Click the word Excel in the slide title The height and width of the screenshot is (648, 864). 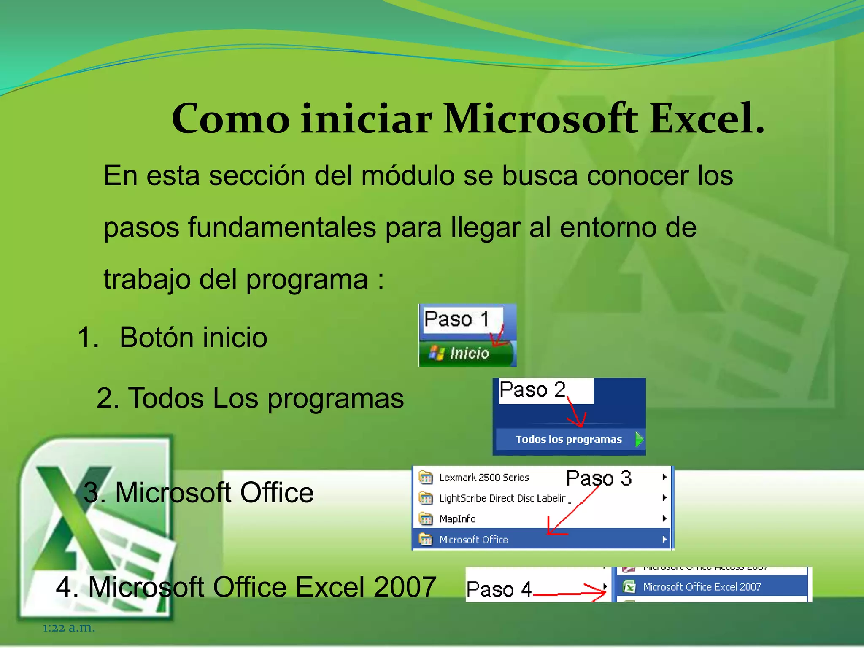point(707,119)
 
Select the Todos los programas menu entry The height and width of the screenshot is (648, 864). point(568,440)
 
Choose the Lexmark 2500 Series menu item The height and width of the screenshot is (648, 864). point(484,478)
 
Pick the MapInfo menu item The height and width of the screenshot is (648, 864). point(457,519)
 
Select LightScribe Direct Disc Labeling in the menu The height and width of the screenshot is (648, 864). point(502,498)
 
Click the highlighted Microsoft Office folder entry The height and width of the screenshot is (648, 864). point(473,540)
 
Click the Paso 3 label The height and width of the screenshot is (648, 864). point(599,478)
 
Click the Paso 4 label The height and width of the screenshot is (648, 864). point(499,589)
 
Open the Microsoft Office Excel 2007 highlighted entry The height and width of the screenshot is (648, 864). point(702,587)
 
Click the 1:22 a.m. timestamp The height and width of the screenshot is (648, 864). point(69,628)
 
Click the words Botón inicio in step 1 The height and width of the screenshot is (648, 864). point(193,337)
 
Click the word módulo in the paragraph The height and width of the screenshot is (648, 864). point(407,175)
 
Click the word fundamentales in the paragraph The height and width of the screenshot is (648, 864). point(282,228)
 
